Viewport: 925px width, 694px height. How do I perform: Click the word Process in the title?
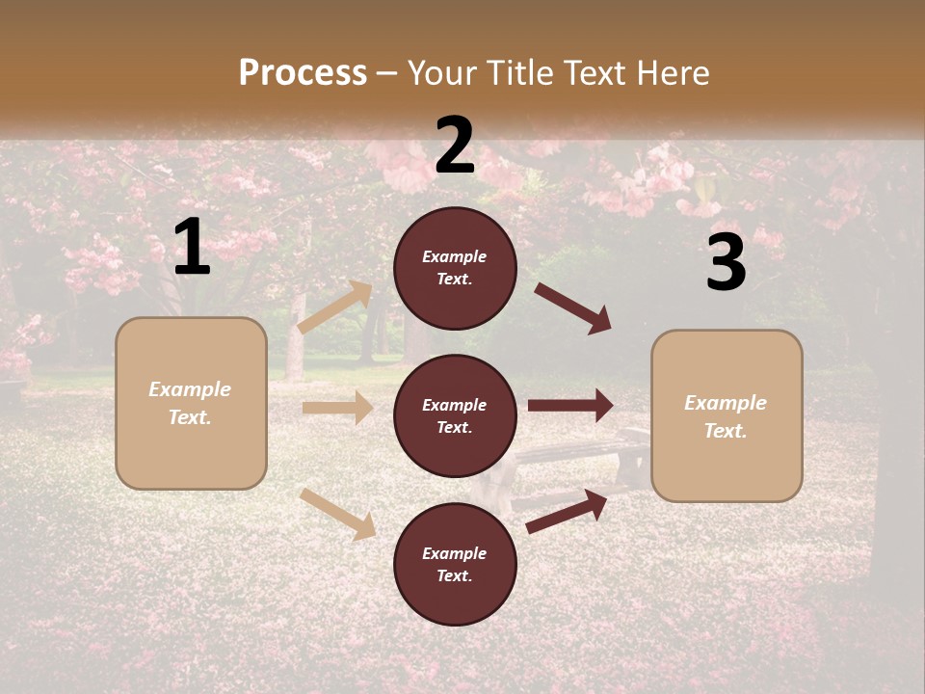(x=303, y=73)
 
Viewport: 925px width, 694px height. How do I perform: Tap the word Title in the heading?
(x=517, y=73)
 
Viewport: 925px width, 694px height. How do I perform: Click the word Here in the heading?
(x=672, y=73)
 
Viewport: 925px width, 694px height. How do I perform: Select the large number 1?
(x=192, y=248)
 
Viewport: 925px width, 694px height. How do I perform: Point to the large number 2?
(x=455, y=146)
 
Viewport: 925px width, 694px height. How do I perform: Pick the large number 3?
(x=726, y=262)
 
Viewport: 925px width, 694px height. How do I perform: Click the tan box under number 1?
(x=191, y=403)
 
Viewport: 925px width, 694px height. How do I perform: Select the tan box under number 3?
(x=727, y=415)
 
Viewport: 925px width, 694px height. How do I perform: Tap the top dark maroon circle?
(x=455, y=268)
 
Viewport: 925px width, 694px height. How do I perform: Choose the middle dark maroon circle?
(x=455, y=415)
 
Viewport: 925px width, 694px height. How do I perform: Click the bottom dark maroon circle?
(x=455, y=564)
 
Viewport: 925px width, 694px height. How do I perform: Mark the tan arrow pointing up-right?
(x=335, y=307)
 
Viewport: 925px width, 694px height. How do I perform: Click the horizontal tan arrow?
(x=337, y=408)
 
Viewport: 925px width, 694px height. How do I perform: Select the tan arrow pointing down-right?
(x=338, y=514)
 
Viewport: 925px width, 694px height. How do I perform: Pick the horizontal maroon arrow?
(x=570, y=406)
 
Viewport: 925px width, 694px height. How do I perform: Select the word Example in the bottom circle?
(x=455, y=553)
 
